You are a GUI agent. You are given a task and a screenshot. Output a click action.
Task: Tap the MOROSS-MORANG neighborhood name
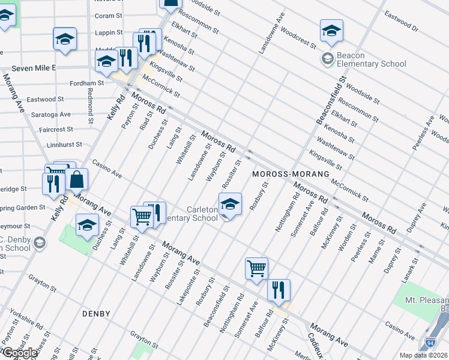pos(291,174)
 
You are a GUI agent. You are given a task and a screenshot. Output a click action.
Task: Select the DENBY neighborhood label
pos(96,314)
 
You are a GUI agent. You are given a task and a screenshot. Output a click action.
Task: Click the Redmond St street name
pos(90,106)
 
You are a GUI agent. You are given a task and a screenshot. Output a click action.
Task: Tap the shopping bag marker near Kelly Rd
pos(77,179)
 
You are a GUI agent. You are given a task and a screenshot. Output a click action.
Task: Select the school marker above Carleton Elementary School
pos(230,204)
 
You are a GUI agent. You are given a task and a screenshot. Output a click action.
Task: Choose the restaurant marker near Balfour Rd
pos(279,290)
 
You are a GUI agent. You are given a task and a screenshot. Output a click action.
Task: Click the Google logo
pos(19,353)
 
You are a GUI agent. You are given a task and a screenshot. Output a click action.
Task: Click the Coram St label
pos(108,16)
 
